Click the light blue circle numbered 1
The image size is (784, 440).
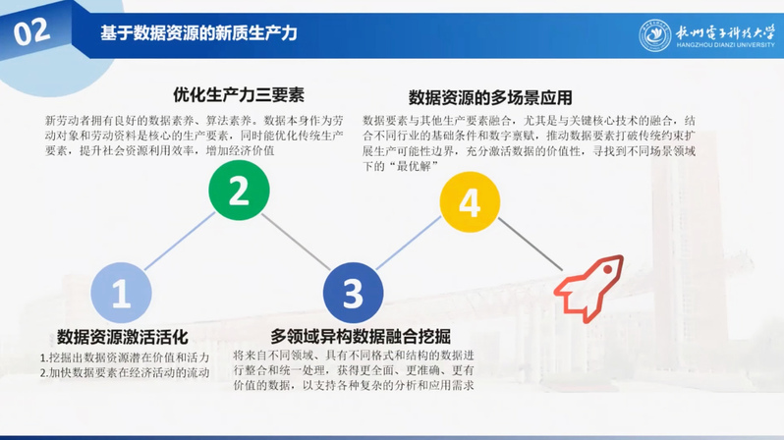coord(121,293)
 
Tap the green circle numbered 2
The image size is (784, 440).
coord(239,191)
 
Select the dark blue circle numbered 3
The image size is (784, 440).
coord(353,293)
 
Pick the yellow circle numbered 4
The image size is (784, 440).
coord(470,202)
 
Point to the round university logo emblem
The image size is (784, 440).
coord(655,36)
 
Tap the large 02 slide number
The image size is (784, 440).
coord(31,32)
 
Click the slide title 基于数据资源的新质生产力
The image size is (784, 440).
coord(199,33)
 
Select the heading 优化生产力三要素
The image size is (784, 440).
coord(239,94)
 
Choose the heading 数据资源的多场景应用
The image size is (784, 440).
coord(490,97)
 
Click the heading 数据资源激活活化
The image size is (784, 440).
coord(123,337)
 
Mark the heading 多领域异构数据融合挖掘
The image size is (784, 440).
coord(361,337)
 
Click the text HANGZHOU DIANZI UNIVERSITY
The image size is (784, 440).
coord(725,45)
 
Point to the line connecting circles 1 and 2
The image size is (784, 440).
coord(180,241)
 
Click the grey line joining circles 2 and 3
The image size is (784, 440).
coord(296,242)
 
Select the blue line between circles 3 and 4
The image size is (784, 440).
coord(409,243)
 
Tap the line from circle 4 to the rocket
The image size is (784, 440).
coord(531,244)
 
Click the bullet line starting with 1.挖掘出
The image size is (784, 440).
coord(125,357)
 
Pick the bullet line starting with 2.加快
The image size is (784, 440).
coord(125,372)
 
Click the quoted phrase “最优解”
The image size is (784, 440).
coord(414,166)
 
